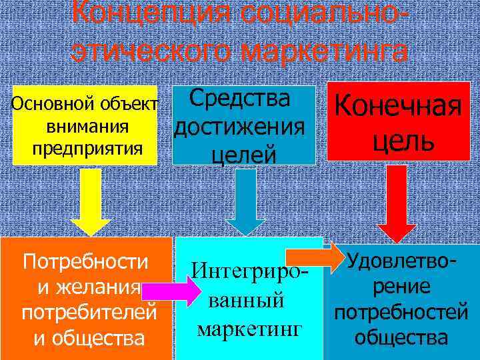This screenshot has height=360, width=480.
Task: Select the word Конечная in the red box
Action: (399, 107)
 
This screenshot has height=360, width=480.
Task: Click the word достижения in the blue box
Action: (240, 126)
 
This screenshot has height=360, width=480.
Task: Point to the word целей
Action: (243, 155)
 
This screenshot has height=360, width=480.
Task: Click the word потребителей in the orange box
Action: (89, 313)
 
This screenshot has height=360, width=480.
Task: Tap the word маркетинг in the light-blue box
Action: (249, 329)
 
